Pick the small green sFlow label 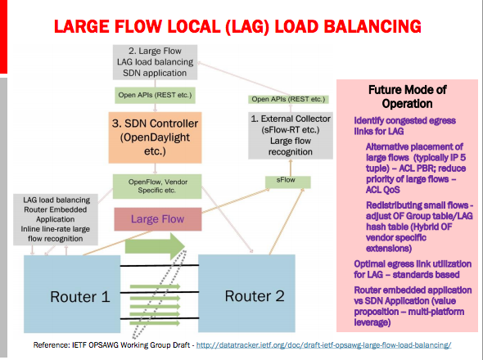click(279, 179)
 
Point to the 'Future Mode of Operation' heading click(409, 97)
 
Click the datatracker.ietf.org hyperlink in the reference click(336, 347)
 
